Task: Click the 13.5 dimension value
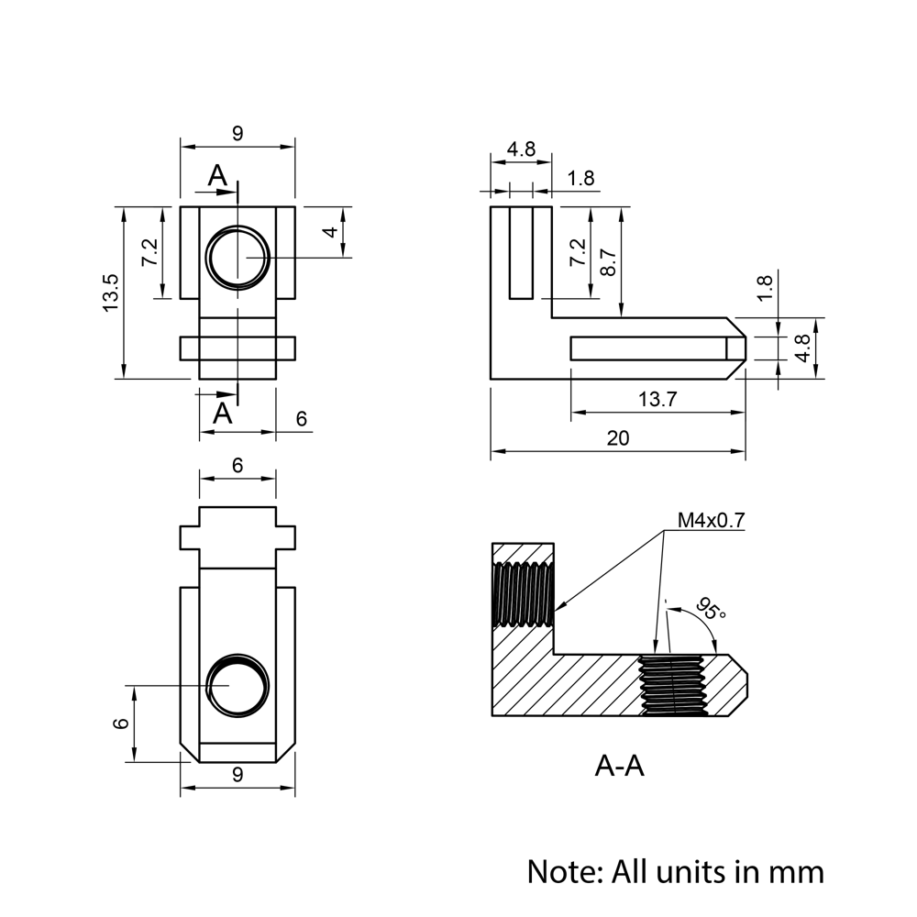(111, 293)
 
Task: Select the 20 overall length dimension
(618, 438)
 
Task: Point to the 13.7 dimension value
(657, 399)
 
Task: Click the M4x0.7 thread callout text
(711, 521)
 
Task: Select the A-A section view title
(619, 766)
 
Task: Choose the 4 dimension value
(330, 232)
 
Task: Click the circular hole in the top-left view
(238, 258)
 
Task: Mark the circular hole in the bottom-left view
(238, 687)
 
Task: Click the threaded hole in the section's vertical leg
(524, 594)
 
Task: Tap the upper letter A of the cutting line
(217, 175)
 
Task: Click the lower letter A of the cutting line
(223, 413)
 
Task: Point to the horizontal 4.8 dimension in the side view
(521, 149)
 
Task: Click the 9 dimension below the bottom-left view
(238, 776)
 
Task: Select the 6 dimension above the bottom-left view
(238, 466)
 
